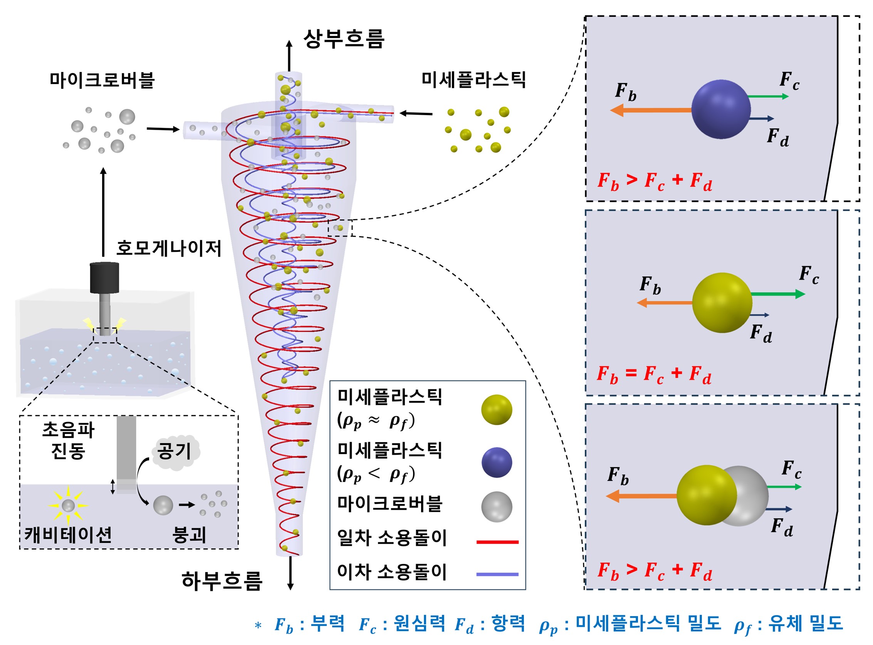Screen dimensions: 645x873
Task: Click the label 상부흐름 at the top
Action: pyautogui.click(x=344, y=39)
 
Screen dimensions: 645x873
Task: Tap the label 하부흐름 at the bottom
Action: pyautogui.click(x=222, y=581)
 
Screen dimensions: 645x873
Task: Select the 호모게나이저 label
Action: pyautogui.click(x=169, y=248)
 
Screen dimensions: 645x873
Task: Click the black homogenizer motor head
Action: pyautogui.click(x=104, y=278)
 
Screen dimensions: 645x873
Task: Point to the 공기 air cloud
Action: pyautogui.click(x=175, y=452)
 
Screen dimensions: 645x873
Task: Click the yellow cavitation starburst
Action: pyautogui.click(x=68, y=506)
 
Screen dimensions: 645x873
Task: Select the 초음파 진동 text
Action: pyautogui.click(x=68, y=441)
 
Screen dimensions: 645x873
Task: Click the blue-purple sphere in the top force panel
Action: pyautogui.click(x=721, y=109)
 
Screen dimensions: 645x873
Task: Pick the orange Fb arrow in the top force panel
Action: pyautogui.click(x=650, y=110)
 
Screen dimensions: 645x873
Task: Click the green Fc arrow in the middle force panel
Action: pyautogui.click(x=777, y=294)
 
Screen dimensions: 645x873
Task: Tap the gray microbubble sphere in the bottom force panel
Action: pyautogui.click(x=750, y=495)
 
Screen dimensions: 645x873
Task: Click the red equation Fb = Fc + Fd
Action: pyautogui.click(x=654, y=374)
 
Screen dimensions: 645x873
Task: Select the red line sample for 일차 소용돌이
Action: pyautogui.click(x=497, y=542)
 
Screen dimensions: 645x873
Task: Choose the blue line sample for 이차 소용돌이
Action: pyautogui.click(x=497, y=574)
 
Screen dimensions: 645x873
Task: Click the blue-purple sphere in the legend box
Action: pyautogui.click(x=497, y=462)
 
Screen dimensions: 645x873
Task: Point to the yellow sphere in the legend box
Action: pyautogui.click(x=497, y=410)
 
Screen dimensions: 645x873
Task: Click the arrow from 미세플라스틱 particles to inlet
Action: pyautogui.click(x=416, y=114)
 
